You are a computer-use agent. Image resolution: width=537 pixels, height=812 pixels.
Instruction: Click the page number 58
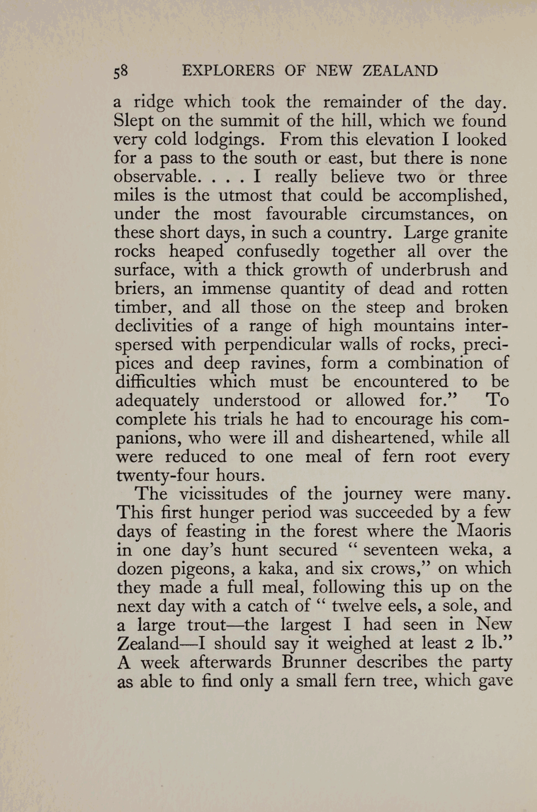click(121, 71)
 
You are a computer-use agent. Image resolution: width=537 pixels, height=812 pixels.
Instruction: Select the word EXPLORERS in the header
click(228, 71)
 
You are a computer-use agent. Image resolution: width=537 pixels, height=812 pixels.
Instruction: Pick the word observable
click(155, 177)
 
